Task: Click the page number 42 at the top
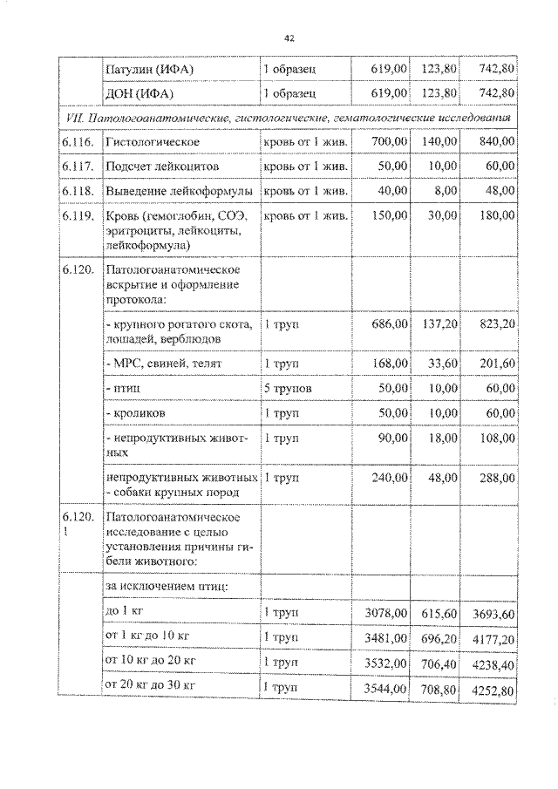click(x=290, y=37)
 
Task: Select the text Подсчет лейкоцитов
click(x=161, y=166)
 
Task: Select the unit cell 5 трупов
click(x=289, y=386)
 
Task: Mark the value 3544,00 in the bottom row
click(x=384, y=690)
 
